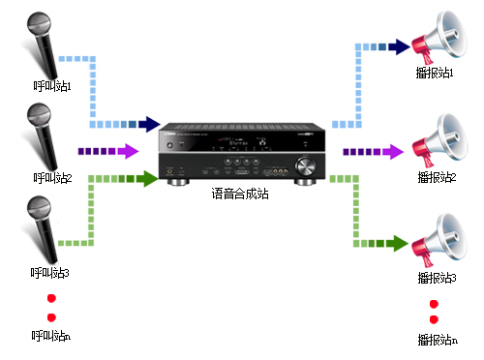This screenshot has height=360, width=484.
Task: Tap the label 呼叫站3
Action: click(49, 274)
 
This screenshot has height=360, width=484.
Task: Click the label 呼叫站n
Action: click(50, 337)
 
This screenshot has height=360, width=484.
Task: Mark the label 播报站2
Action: click(437, 178)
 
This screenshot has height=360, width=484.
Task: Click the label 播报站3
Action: click(437, 279)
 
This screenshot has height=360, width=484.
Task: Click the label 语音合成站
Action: click(240, 194)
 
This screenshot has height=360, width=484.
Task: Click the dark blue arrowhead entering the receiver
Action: click(148, 124)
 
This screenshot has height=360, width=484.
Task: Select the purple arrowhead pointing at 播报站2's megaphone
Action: click(393, 151)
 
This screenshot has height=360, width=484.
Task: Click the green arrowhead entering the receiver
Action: click(147, 178)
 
